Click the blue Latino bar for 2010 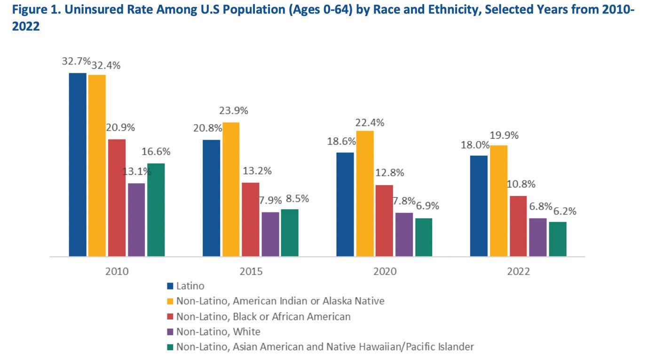pyautogui.click(x=78, y=164)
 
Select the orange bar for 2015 pyautogui.click(x=231, y=189)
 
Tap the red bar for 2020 pyautogui.click(x=384, y=220)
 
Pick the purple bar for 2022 pyautogui.click(x=538, y=237)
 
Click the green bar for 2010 pyautogui.click(x=156, y=210)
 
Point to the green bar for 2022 pyautogui.click(x=558, y=239)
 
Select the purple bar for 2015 pyautogui.click(x=270, y=234)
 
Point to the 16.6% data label pyautogui.click(x=156, y=152)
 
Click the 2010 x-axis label pyautogui.click(x=117, y=272)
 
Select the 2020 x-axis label pyautogui.click(x=384, y=272)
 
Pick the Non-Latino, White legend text pyautogui.click(x=218, y=331)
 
